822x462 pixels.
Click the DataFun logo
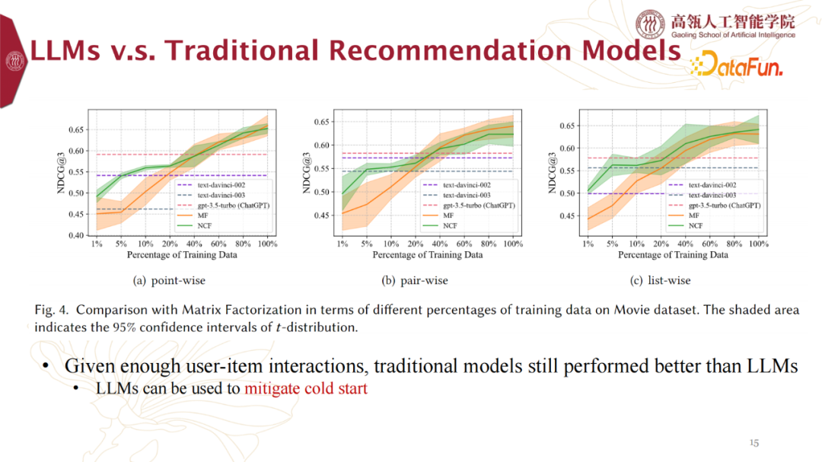pyautogui.click(x=736, y=65)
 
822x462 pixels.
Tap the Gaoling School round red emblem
pyautogui.click(x=650, y=24)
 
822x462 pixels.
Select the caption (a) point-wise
pyautogui.click(x=169, y=280)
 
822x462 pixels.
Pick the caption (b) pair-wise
pyautogui.click(x=415, y=280)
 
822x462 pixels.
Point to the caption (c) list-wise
pyautogui.click(x=661, y=280)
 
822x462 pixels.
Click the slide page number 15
pyautogui.click(x=754, y=442)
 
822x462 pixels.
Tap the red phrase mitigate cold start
pyautogui.click(x=306, y=389)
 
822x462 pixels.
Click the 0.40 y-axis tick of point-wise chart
pyautogui.click(x=76, y=235)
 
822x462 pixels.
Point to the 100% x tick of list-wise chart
pyautogui.click(x=758, y=244)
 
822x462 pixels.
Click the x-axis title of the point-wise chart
pyautogui.click(x=182, y=254)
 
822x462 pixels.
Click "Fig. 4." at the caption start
pyautogui.click(x=52, y=311)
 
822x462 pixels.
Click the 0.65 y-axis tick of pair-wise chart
pyautogui.click(x=323, y=122)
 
